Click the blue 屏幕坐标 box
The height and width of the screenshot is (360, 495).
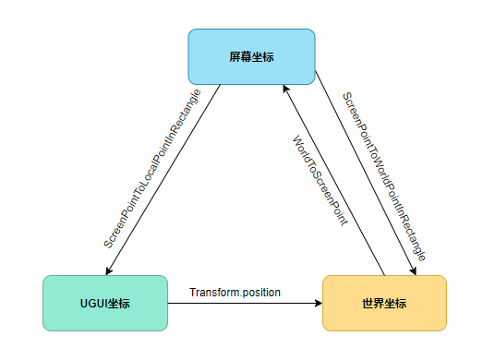pos(251,56)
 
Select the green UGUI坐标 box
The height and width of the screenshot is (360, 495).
pos(104,303)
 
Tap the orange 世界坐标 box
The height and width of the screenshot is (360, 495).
pos(383,303)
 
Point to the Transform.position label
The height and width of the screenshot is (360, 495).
pos(235,293)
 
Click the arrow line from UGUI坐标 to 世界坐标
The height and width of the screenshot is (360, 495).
pos(245,303)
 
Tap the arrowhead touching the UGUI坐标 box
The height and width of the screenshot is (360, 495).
pos(109,270)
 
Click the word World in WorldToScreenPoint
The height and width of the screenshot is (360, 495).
pos(300,150)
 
